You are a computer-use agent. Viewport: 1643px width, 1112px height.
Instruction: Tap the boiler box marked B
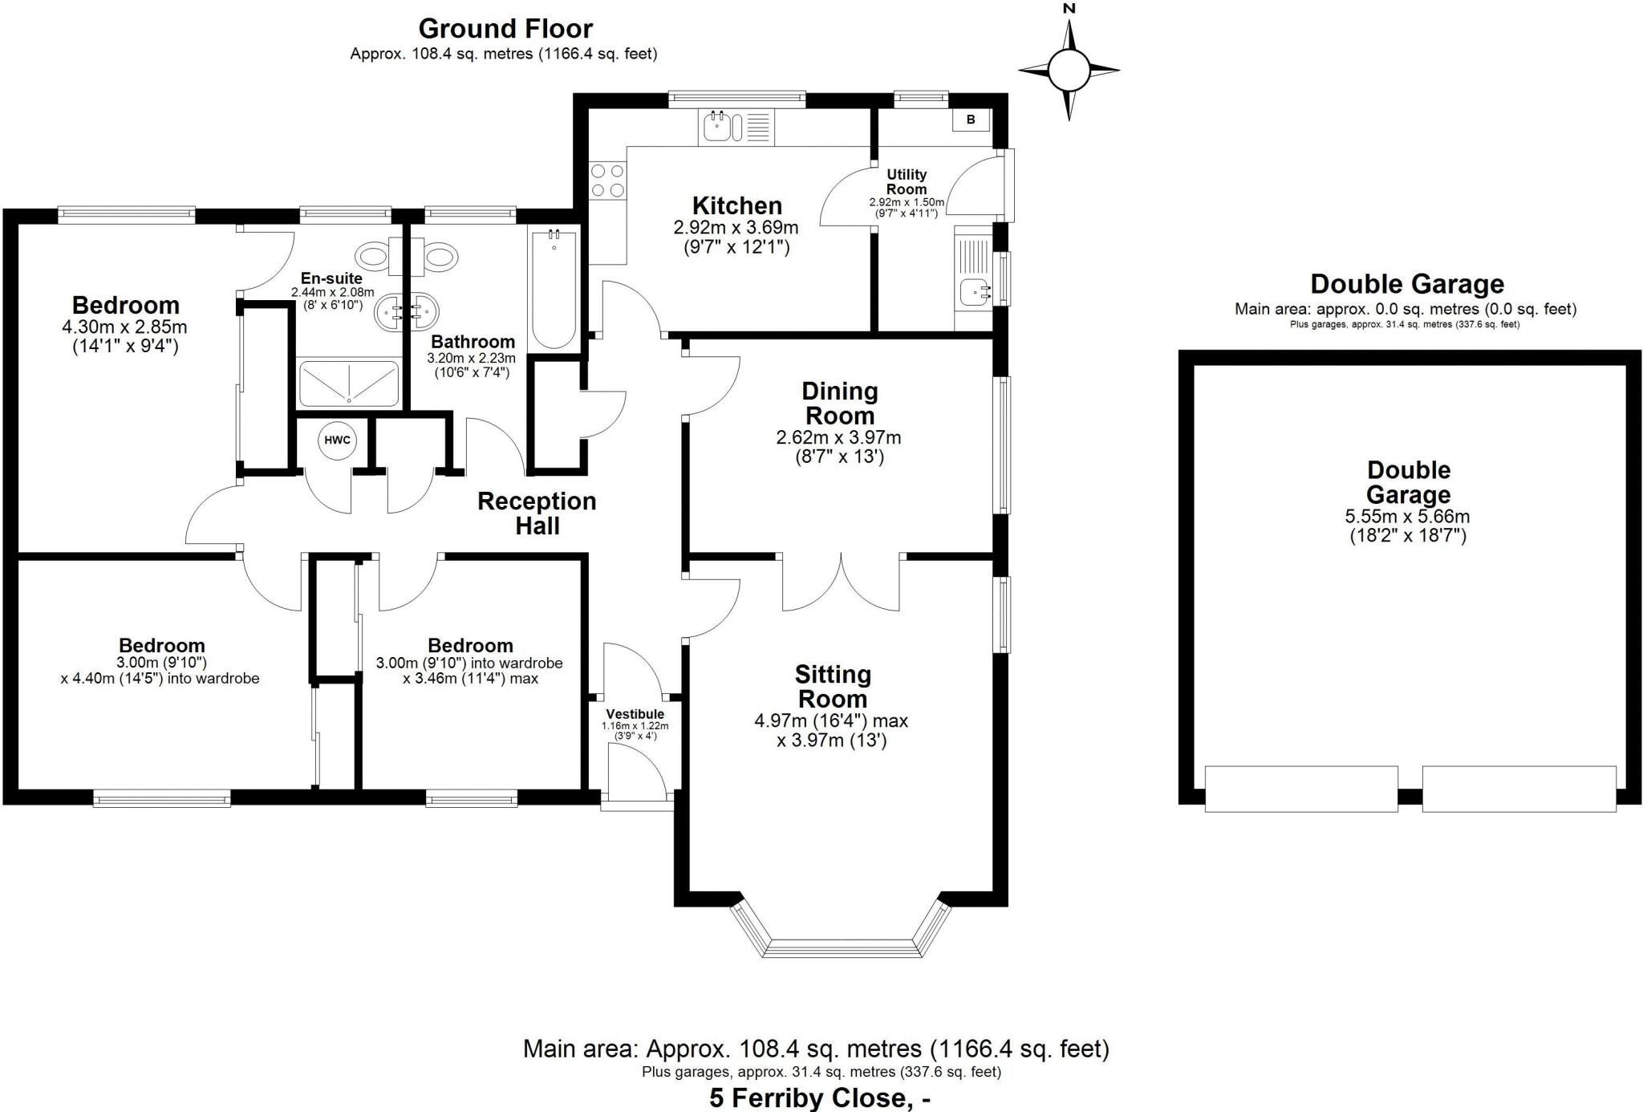click(x=971, y=120)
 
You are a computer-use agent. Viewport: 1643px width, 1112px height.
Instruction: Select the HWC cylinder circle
click(x=337, y=440)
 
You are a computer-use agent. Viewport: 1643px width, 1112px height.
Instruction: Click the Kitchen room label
click(x=736, y=205)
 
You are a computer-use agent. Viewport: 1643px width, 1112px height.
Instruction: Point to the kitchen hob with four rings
click(x=607, y=180)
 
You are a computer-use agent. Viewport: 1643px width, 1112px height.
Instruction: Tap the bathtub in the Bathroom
click(x=554, y=289)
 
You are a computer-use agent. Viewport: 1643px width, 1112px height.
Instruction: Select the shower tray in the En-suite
click(x=348, y=383)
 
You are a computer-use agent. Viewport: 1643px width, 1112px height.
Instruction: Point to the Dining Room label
click(x=839, y=404)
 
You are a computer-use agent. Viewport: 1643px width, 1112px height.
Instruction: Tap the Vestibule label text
click(x=635, y=714)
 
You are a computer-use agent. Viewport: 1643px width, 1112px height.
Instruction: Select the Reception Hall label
click(x=537, y=513)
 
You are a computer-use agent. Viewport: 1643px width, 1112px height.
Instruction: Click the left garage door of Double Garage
click(x=1300, y=789)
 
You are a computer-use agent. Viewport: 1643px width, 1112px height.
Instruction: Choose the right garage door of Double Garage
click(x=1519, y=789)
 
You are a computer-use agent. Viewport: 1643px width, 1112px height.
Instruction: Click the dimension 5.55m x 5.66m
click(x=1407, y=517)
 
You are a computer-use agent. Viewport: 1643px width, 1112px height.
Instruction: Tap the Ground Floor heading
click(x=505, y=29)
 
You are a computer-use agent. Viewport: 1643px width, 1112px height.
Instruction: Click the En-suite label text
click(x=331, y=278)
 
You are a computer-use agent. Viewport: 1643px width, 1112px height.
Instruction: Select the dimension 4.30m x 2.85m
click(x=124, y=327)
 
